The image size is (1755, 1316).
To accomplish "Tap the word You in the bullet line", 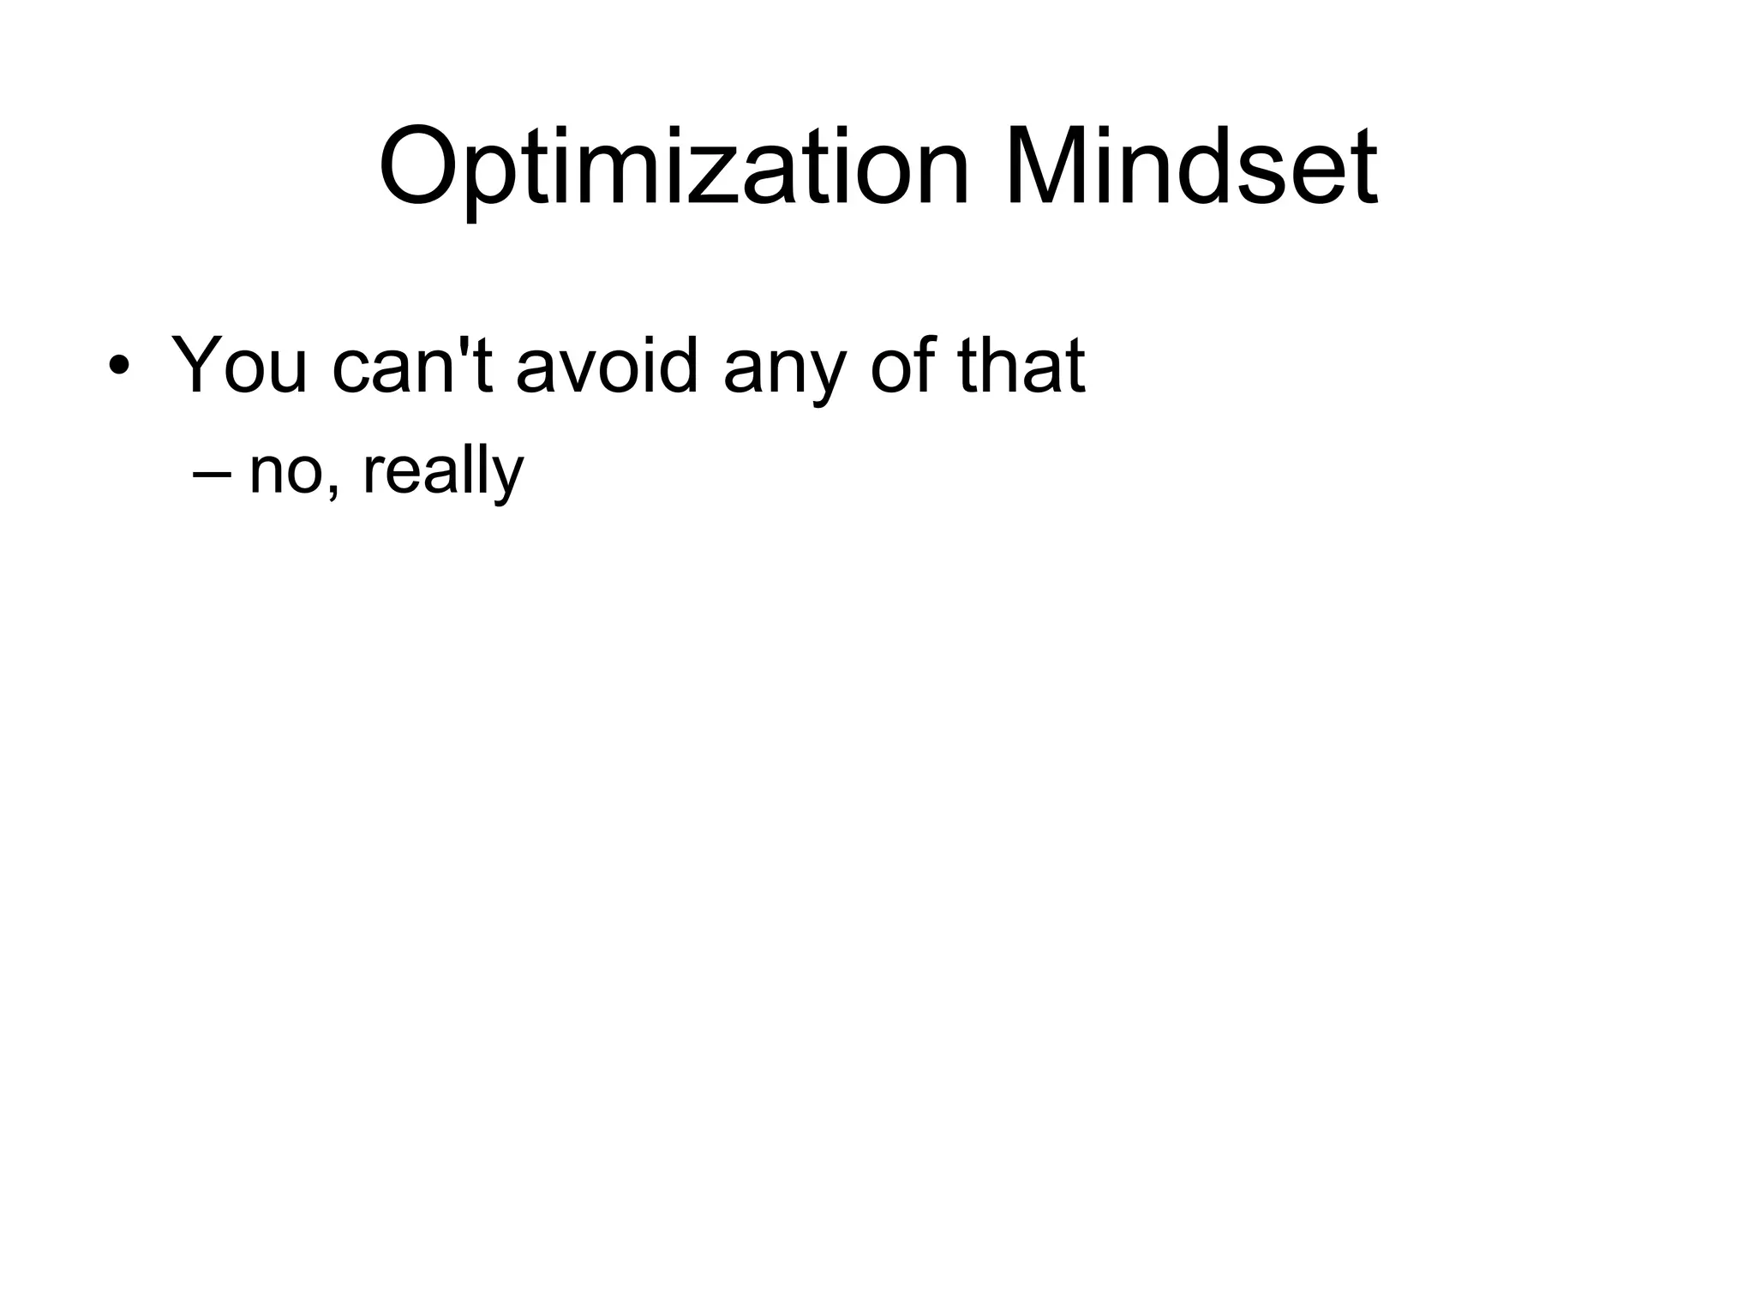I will pos(239,366).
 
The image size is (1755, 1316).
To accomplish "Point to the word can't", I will pos(411,366).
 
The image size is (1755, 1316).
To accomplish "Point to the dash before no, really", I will pos(213,474).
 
